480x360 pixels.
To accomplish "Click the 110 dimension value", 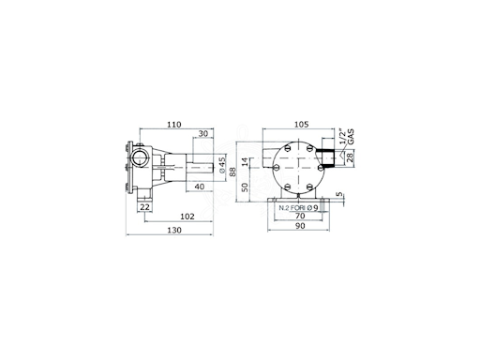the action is point(174,125).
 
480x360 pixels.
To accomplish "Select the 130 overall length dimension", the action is point(174,230).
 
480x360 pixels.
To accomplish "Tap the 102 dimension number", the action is point(187,217).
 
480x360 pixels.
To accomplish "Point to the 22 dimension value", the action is point(144,207).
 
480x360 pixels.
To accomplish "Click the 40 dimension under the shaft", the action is point(200,187).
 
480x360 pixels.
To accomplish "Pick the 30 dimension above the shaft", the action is point(203,134).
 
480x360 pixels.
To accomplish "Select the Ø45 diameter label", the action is point(222,165).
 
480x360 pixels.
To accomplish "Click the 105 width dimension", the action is point(302,124).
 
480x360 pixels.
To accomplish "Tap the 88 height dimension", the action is point(232,172).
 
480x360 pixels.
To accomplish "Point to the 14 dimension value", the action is point(245,161).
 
